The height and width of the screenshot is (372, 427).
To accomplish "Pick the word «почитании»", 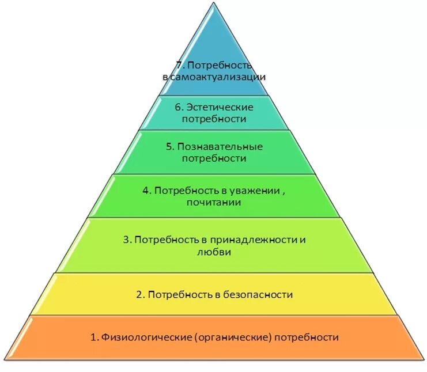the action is [x=214, y=203].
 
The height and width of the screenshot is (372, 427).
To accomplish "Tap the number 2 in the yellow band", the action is [x=139, y=295].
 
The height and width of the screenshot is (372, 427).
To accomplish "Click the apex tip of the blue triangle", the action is [x=214, y=3].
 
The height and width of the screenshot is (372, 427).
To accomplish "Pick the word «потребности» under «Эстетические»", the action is [x=214, y=119].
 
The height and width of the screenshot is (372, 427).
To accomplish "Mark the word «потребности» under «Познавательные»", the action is [x=214, y=158].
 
